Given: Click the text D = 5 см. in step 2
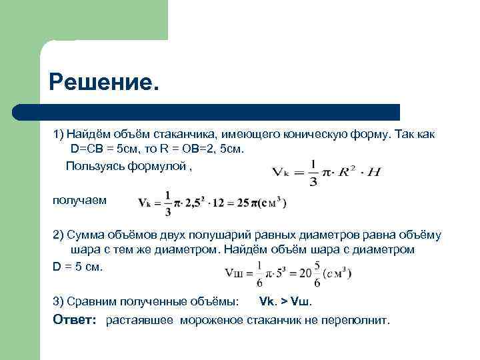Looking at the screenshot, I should click(x=79, y=265).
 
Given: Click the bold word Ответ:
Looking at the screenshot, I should click(x=75, y=320).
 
